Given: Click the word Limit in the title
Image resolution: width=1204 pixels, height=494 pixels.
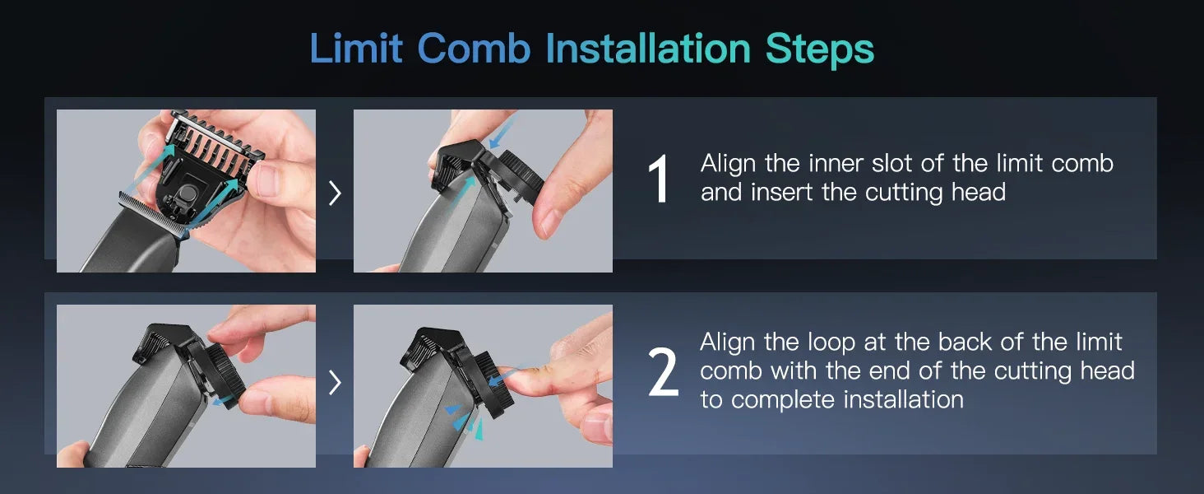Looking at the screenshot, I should [356, 49].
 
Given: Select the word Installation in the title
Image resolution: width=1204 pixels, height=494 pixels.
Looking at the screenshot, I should [648, 49].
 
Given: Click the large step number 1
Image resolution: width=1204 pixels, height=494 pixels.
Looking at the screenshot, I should [660, 179].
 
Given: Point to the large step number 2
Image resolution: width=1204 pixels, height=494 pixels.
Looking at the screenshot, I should [663, 373].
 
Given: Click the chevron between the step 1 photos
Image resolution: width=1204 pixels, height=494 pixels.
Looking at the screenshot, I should [335, 193].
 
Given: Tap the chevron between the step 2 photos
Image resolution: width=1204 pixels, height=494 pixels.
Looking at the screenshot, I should [335, 382].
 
